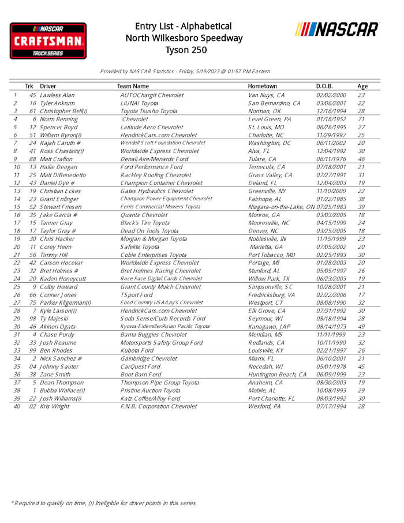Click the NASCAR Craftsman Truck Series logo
[48, 40]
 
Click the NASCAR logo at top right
[337, 29]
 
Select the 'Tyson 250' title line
[183, 50]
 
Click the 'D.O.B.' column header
[324, 86]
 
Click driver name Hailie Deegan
[59, 167]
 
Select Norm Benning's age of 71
[361, 119]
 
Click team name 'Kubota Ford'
[137, 350]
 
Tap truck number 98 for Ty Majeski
[33, 319]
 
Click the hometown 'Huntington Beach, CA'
[277, 375]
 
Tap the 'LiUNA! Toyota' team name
[139, 103]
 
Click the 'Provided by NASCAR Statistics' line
[185, 72]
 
